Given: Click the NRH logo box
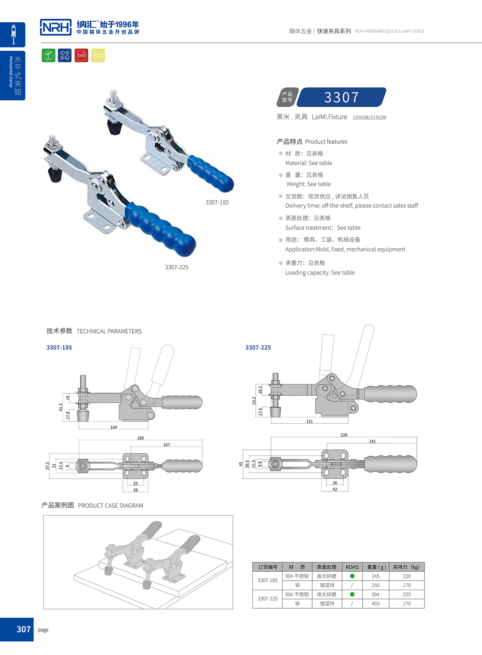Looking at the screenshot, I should [x=56, y=27].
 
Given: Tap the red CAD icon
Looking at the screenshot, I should [x=81, y=55].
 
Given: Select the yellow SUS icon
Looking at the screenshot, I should [x=98, y=55].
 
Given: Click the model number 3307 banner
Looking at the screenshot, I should [x=341, y=97].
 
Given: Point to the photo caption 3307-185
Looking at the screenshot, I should [x=217, y=202].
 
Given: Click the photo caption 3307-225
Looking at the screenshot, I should [x=176, y=267].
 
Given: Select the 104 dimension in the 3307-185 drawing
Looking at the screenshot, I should [x=114, y=427].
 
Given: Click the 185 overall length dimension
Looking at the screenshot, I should [x=140, y=438].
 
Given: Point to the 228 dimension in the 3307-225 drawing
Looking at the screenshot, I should [x=344, y=435].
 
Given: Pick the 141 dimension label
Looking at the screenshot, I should [x=372, y=441].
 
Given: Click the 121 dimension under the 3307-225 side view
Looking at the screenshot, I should [x=309, y=421].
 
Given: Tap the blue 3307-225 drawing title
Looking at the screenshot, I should [x=258, y=348].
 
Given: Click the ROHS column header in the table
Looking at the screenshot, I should [x=352, y=567].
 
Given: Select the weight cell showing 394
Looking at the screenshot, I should [x=375, y=594].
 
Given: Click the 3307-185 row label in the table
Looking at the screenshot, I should [x=267, y=580].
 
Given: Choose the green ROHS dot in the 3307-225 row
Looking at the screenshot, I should [x=352, y=594].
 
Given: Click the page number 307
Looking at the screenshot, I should [x=23, y=629].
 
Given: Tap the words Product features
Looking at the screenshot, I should [x=326, y=142].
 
